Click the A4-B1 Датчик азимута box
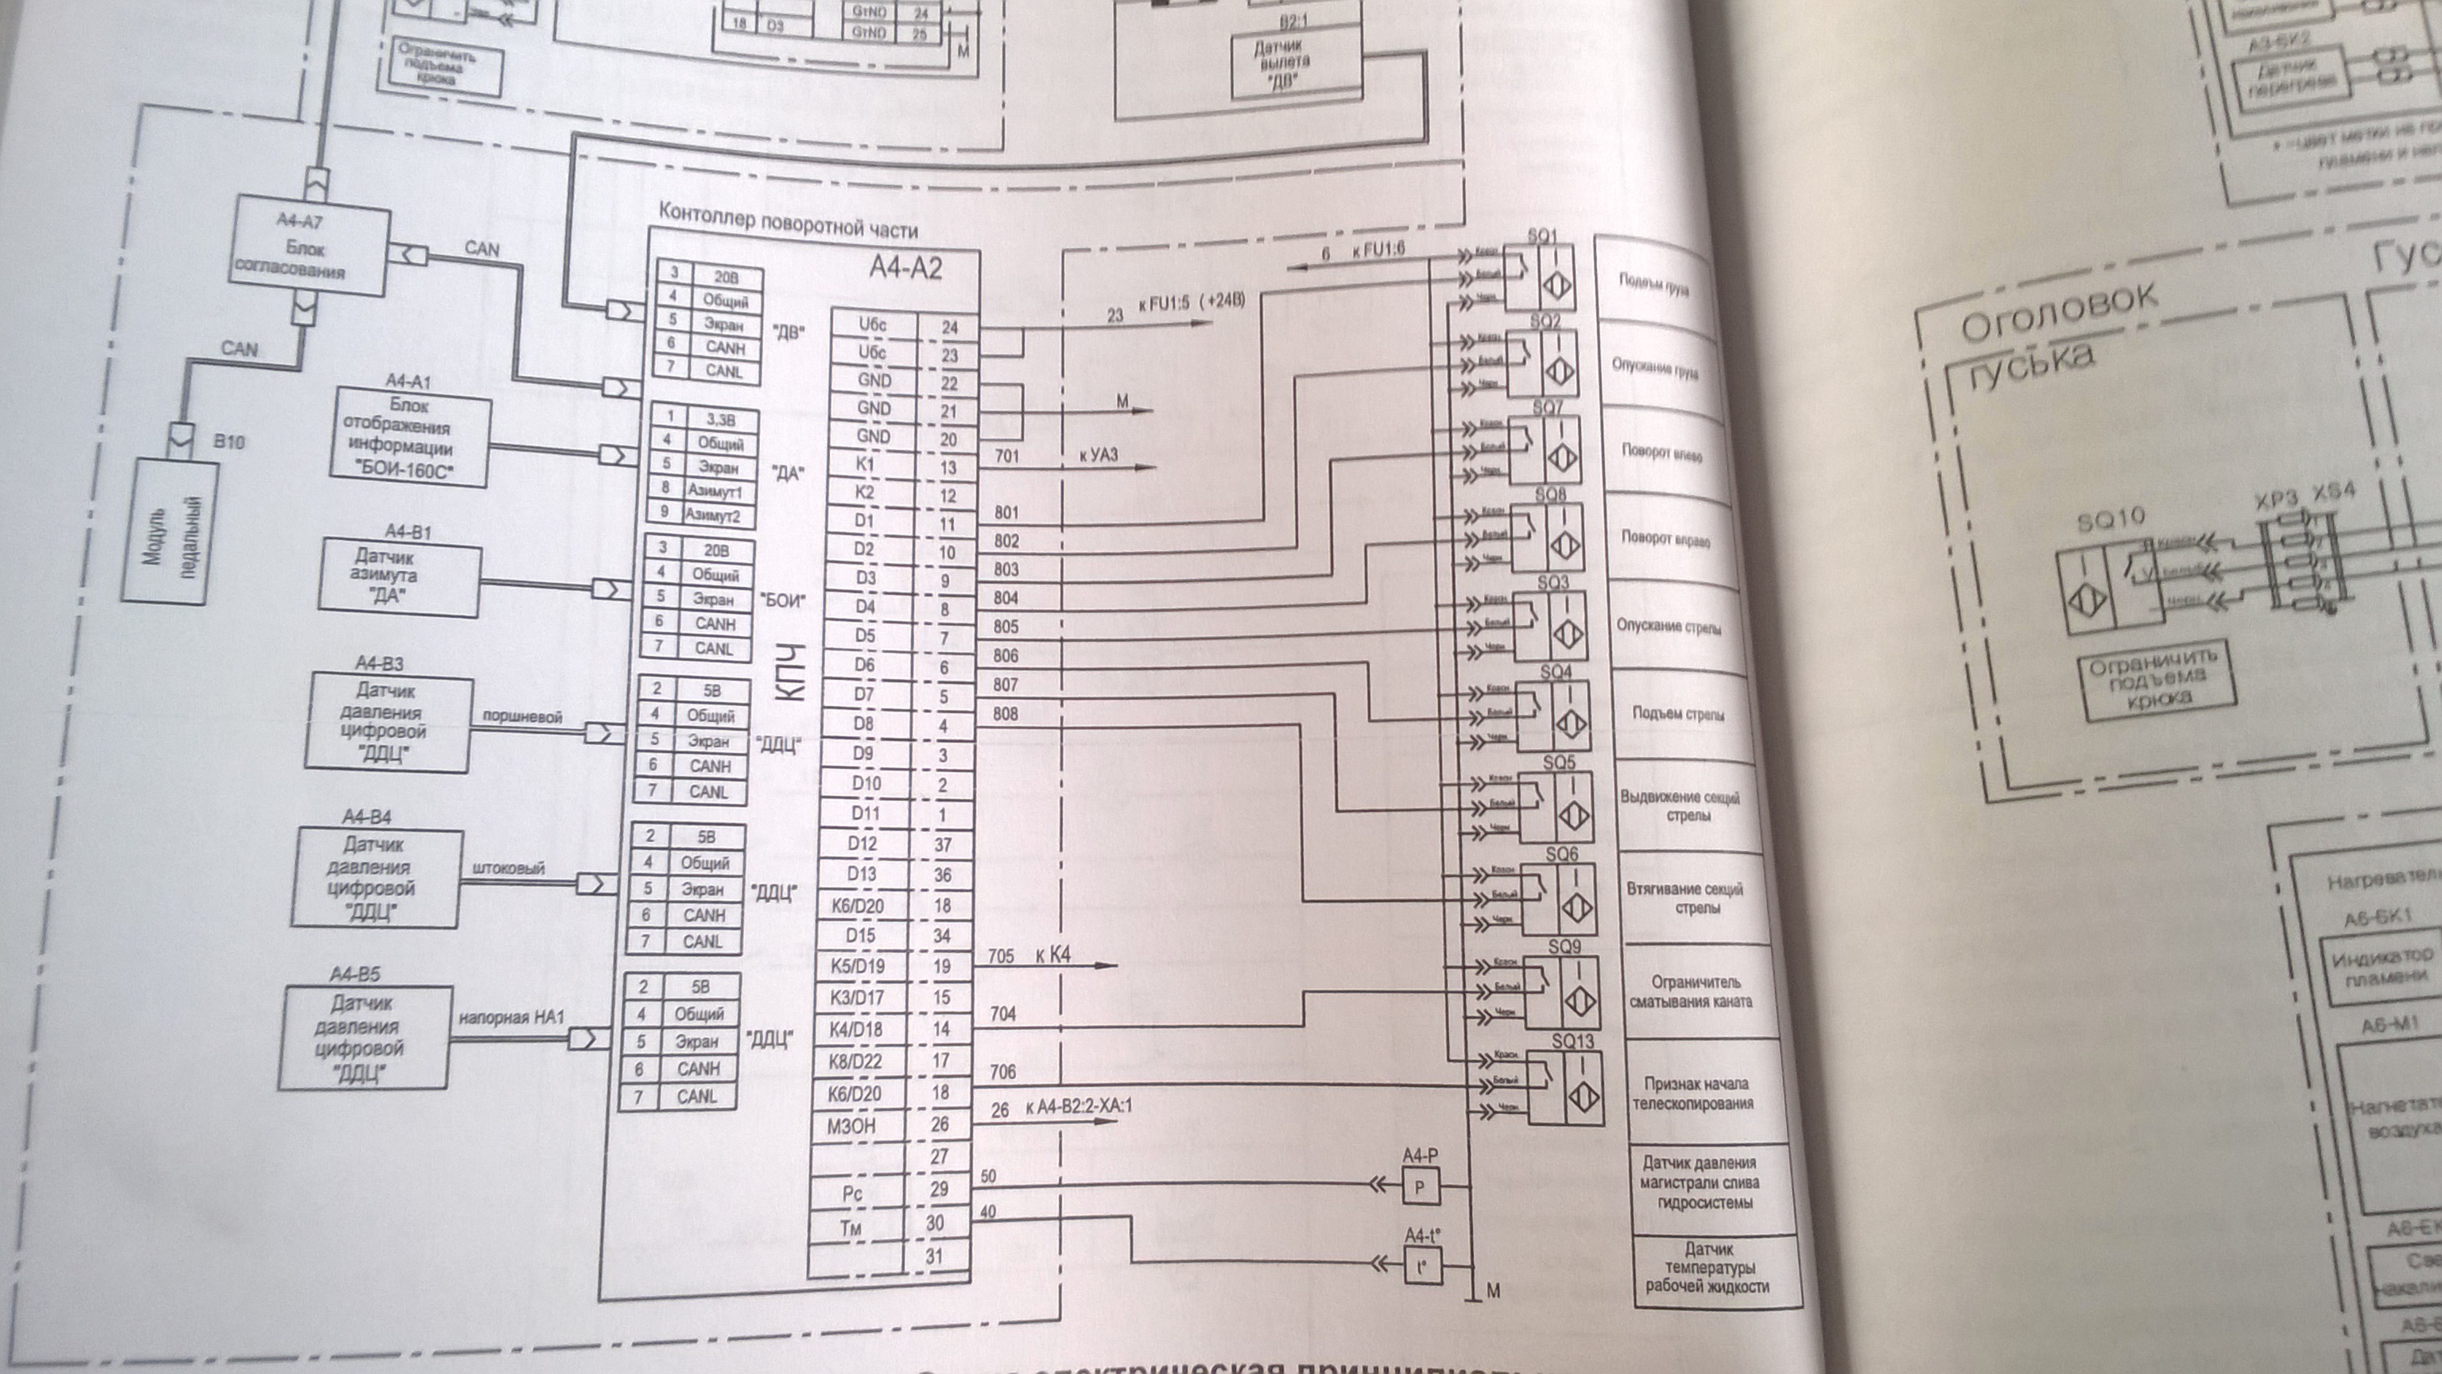point(399,576)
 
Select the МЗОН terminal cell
point(851,1127)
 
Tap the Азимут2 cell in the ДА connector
point(713,517)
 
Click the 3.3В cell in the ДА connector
point(719,420)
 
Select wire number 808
point(1006,713)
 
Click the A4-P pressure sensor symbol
point(1419,1187)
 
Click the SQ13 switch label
point(1572,1041)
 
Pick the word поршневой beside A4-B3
point(522,717)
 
